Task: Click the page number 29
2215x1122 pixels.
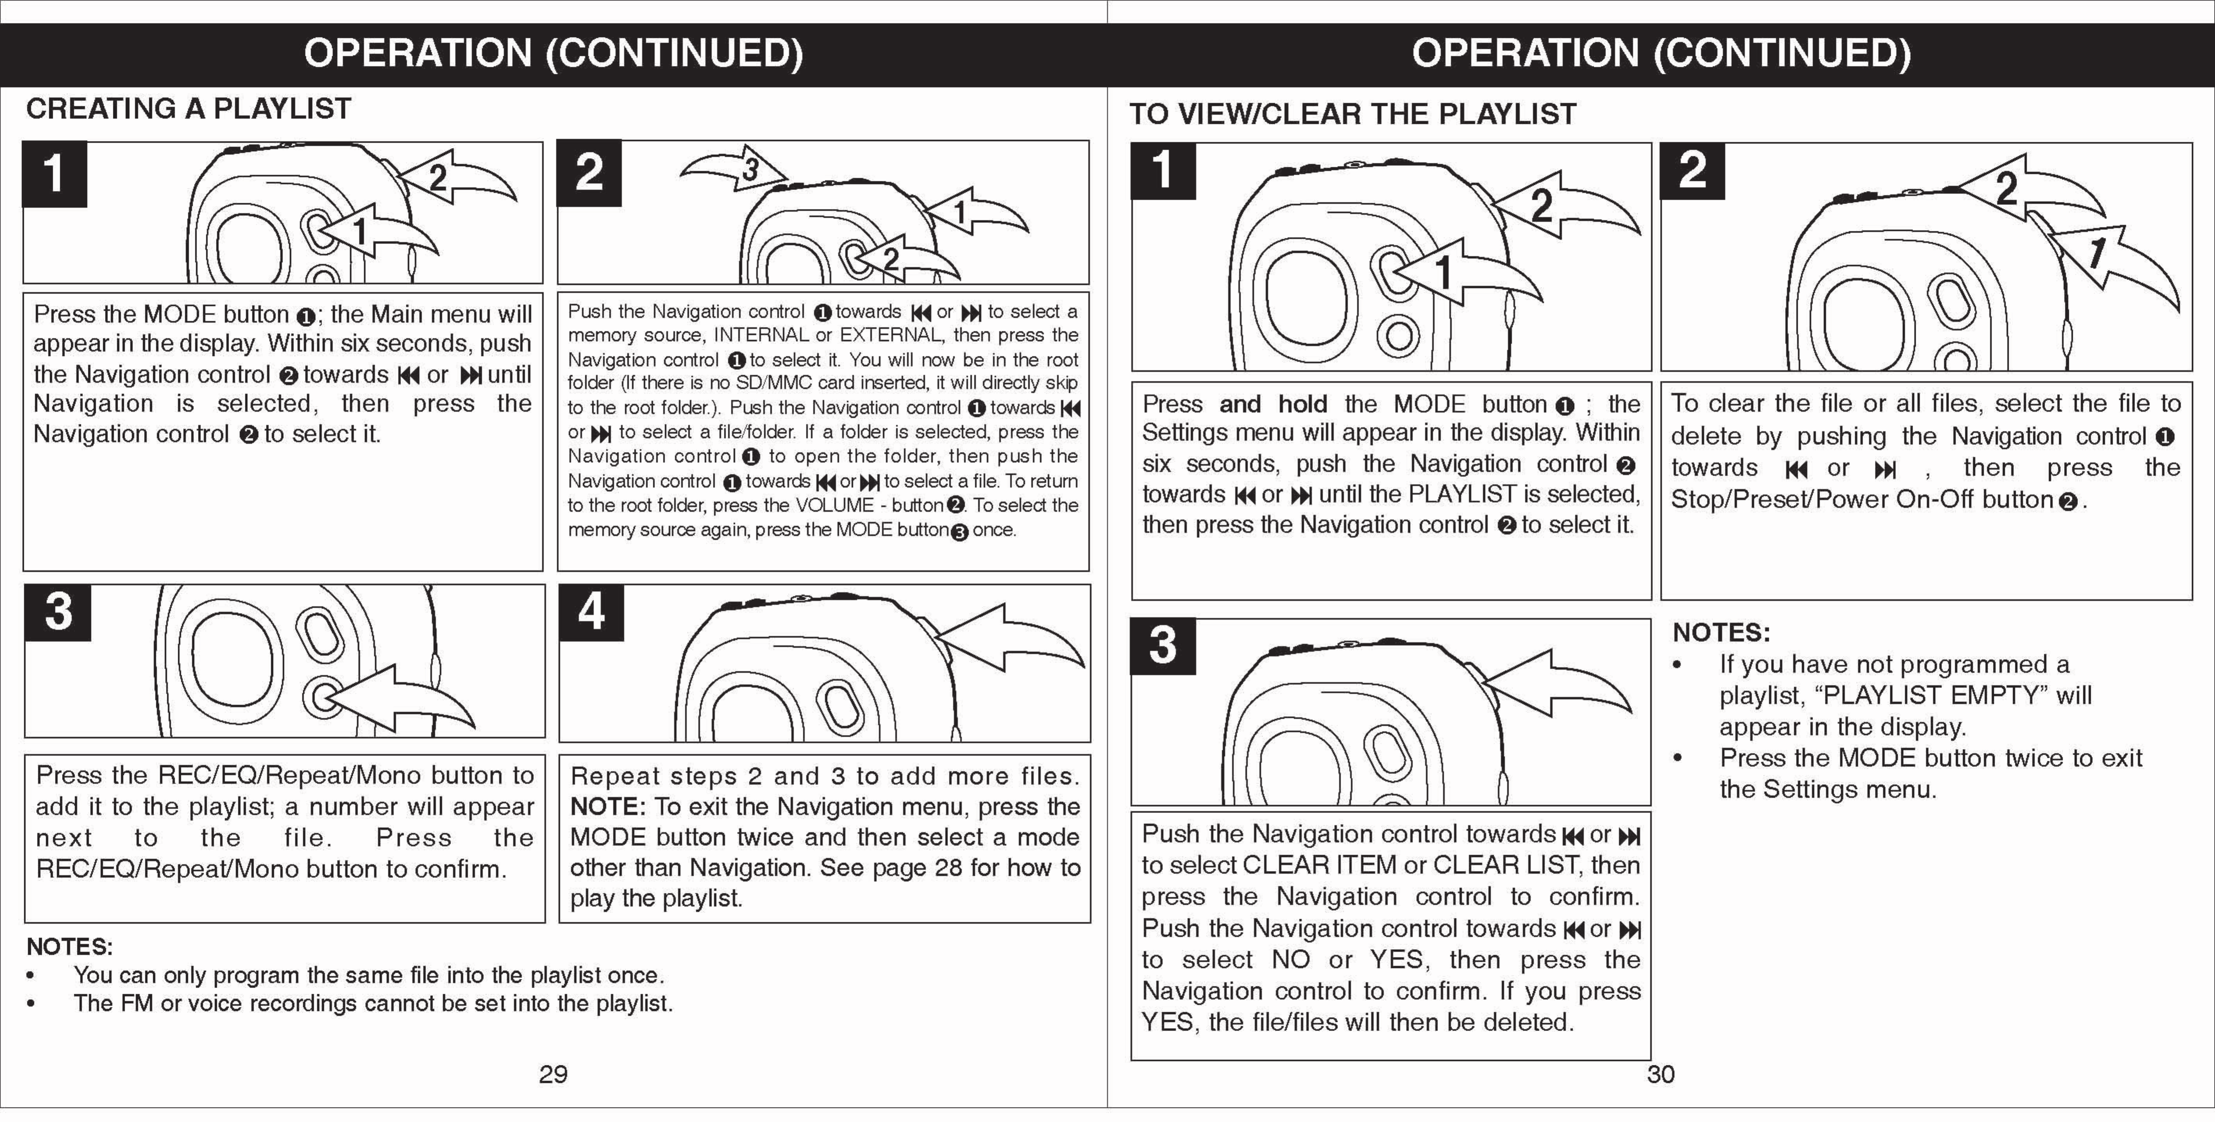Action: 553,1074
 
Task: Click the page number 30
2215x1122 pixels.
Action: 1660,1074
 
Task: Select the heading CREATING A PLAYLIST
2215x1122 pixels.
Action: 188,109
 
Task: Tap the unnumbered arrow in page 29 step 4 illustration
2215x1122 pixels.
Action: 1010,637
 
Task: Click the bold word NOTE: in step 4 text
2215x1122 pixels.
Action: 607,806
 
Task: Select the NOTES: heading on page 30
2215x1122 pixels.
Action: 1720,633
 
